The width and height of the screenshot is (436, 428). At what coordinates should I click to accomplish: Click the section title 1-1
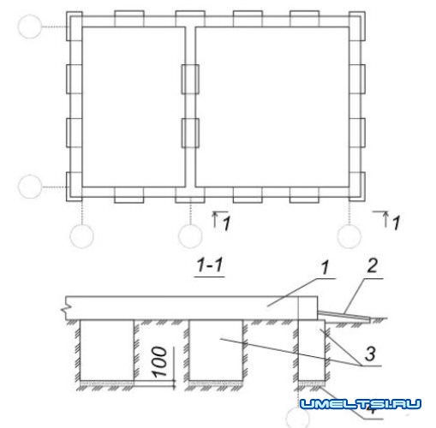[210, 265]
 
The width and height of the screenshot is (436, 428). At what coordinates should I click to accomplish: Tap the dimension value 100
[160, 362]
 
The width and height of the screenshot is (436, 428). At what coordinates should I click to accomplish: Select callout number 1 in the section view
[325, 268]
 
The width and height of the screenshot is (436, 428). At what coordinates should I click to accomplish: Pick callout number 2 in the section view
[373, 265]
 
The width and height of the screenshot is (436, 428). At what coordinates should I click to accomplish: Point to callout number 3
[370, 354]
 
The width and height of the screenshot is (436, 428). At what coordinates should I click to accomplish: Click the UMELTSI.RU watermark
[361, 404]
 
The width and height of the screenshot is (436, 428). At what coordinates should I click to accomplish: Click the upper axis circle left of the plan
[30, 27]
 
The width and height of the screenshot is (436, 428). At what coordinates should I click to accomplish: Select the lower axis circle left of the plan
[30, 187]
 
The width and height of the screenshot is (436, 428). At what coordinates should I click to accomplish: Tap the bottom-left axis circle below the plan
[81, 236]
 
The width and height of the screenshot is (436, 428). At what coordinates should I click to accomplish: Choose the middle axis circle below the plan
[190, 236]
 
